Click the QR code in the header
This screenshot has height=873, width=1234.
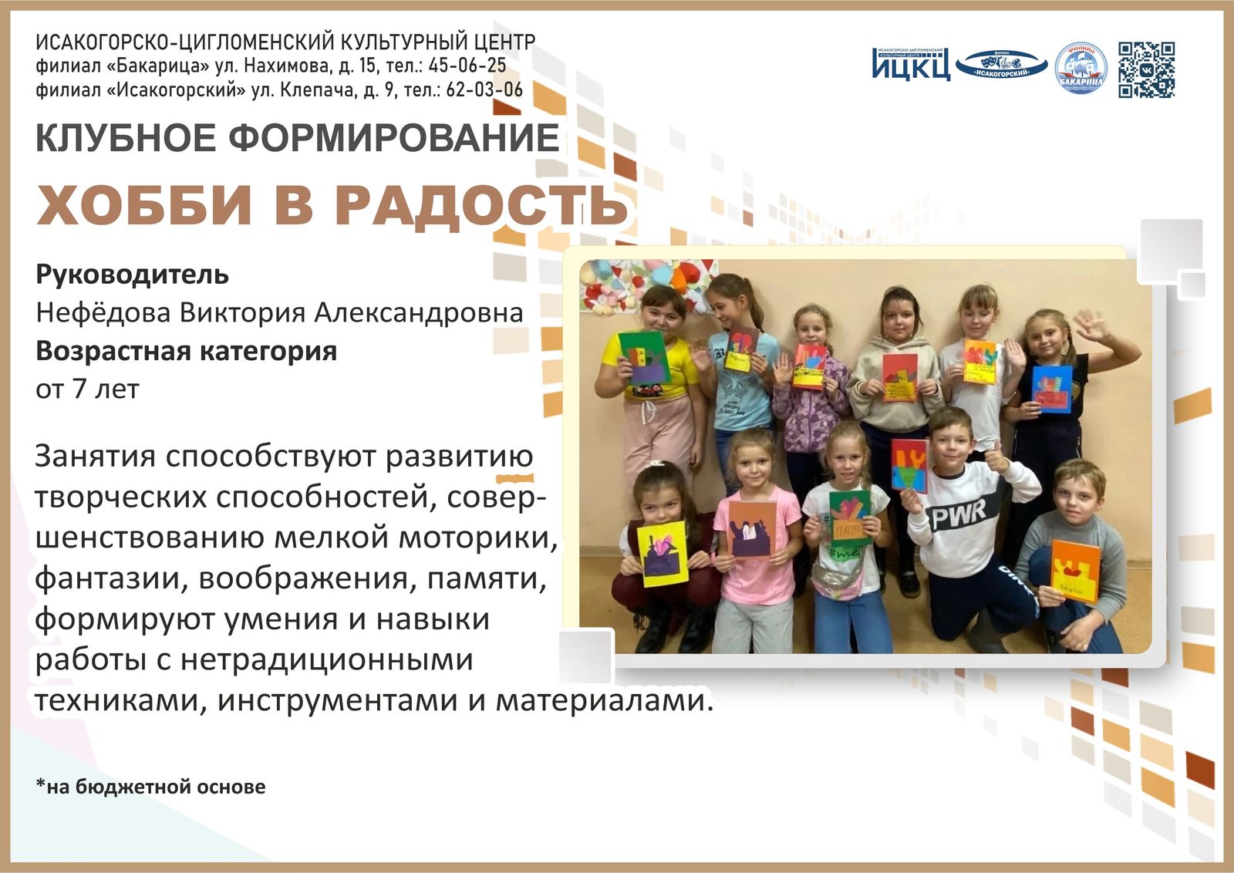1146,70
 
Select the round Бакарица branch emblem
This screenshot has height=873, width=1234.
1081,69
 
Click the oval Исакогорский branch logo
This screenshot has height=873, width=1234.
1002,64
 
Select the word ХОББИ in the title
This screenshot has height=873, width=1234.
144,205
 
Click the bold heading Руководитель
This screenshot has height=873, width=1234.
132,274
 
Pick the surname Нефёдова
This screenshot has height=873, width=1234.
104,312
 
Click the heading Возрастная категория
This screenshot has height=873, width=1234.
186,351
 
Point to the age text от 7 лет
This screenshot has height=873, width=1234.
87,389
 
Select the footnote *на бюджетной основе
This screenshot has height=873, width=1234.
150,787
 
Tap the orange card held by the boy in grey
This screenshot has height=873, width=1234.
1074,571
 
